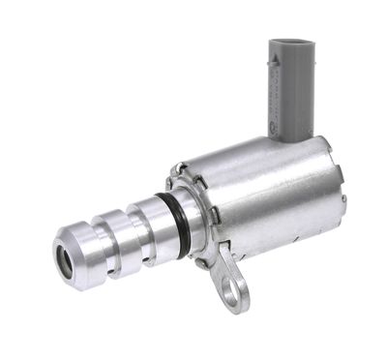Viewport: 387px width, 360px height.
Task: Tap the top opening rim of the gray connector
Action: [x=291, y=43]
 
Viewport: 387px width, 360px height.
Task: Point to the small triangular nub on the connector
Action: [x=275, y=59]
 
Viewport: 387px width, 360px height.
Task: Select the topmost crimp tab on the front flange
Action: [x=180, y=171]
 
